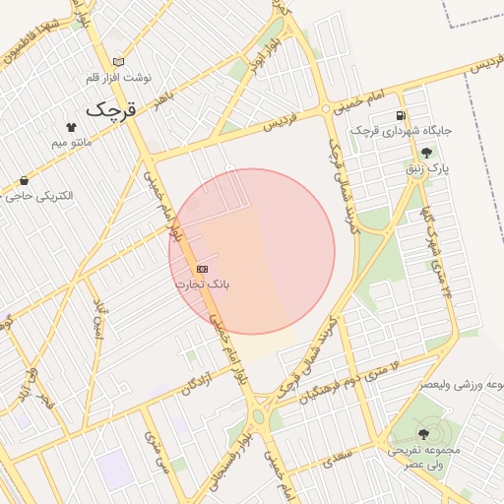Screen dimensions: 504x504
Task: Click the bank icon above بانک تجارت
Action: (x=203, y=269)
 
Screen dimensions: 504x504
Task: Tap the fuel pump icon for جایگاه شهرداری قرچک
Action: (x=402, y=114)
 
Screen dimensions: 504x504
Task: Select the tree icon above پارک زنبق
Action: (x=426, y=153)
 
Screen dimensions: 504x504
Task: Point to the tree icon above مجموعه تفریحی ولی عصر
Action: (x=423, y=434)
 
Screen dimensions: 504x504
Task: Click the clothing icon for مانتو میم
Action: (x=71, y=127)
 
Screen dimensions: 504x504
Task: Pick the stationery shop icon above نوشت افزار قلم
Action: (x=119, y=61)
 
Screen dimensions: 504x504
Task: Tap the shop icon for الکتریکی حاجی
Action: (x=24, y=180)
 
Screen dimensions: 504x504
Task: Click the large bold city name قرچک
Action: (x=109, y=109)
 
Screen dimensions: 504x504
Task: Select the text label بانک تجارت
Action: (x=203, y=284)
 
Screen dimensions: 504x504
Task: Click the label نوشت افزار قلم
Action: (x=119, y=77)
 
